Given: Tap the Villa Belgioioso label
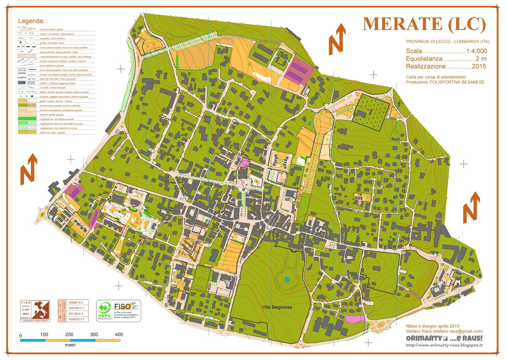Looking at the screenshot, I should [x=277, y=307].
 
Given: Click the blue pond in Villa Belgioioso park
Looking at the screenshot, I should [x=287, y=280].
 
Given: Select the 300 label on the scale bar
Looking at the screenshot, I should [x=94, y=335].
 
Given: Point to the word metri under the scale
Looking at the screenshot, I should [x=70, y=345].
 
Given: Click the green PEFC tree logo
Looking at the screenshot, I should [x=104, y=309].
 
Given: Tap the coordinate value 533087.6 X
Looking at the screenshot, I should [x=76, y=303].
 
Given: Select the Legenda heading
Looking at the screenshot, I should [x=31, y=21].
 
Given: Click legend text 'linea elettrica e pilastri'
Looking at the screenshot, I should [x=52, y=66].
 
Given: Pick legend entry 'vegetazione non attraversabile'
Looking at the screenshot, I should [x=57, y=119].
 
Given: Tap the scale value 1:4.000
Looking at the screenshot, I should [x=476, y=51].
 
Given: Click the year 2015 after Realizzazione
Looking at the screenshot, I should [x=479, y=66].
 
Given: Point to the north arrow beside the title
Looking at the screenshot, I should [x=337, y=39].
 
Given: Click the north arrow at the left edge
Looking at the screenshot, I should [x=29, y=169].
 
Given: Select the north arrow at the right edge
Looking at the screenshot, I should [x=471, y=207].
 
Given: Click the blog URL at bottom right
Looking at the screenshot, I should [x=444, y=345].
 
